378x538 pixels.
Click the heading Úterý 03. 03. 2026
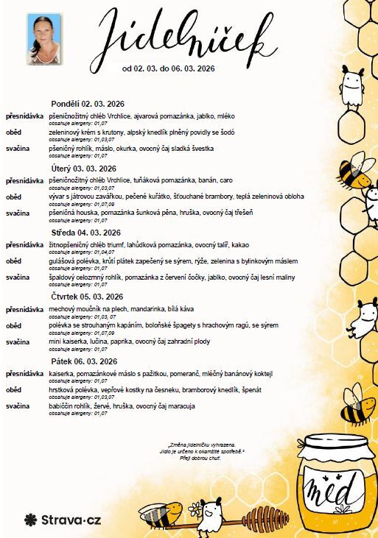[83, 168]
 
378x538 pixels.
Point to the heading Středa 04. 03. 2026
[85, 233]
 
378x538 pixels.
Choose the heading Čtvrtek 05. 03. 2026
[87, 297]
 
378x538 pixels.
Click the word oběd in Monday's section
[13, 132]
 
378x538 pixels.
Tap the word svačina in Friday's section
[17, 406]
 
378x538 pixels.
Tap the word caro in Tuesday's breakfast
[225, 180]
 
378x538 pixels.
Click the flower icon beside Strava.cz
[30, 520]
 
